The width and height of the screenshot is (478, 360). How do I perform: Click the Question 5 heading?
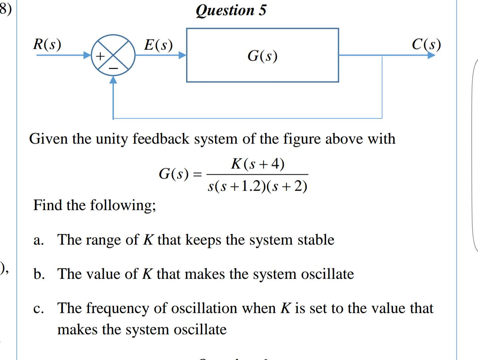[231, 10]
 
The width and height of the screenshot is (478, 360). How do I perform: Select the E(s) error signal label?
[158, 45]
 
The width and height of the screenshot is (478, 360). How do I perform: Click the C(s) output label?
[426, 44]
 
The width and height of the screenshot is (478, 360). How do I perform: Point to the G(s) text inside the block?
[262, 55]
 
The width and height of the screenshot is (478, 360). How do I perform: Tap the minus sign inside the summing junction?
[114, 68]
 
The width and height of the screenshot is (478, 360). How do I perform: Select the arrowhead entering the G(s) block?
[182, 55]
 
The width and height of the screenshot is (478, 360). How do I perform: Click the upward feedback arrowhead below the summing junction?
[114, 80]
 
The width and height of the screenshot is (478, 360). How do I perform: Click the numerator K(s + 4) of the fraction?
[258, 164]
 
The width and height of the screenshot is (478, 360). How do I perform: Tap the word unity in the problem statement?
[112, 139]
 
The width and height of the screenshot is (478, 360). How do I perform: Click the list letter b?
[39, 274]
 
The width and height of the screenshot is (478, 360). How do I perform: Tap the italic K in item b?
[147, 274]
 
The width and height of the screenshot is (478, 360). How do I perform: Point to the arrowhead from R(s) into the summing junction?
[87, 55]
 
